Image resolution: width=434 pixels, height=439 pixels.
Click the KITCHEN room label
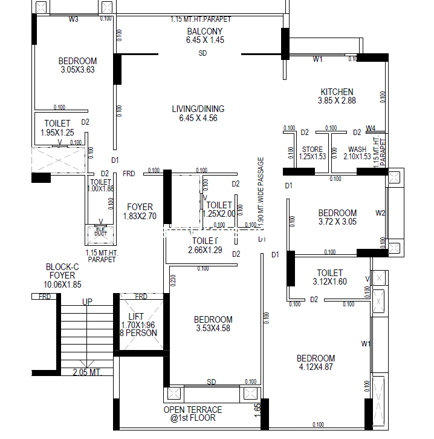tap(337, 92)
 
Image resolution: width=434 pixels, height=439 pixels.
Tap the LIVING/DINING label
tap(198, 109)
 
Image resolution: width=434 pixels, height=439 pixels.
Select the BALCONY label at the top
tap(204, 31)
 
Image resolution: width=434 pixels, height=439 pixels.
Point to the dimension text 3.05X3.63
tap(78, 70)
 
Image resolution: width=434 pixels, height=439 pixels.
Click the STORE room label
tap(312, 149)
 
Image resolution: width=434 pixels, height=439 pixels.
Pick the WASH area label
tap(357, 149)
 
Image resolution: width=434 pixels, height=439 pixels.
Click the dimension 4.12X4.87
tap(316, 367)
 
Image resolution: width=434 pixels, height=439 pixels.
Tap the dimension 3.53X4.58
tap(213, 329)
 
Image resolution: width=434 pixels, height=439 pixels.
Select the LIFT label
tap(137, 316)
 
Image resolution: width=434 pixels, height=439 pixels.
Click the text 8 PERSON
tap(138, 333)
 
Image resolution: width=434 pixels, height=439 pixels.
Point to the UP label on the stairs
tap(87, 302)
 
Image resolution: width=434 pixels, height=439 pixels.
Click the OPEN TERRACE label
tap(193, 410)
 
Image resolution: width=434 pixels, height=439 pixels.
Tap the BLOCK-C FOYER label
tap(62, 276)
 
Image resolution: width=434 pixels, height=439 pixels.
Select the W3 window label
tap(74, 19)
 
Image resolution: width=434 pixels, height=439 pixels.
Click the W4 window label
tap(371, 128)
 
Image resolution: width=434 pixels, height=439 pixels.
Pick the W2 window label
tap(380, 213)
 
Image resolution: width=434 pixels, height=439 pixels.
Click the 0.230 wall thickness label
tap(173, 280)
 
